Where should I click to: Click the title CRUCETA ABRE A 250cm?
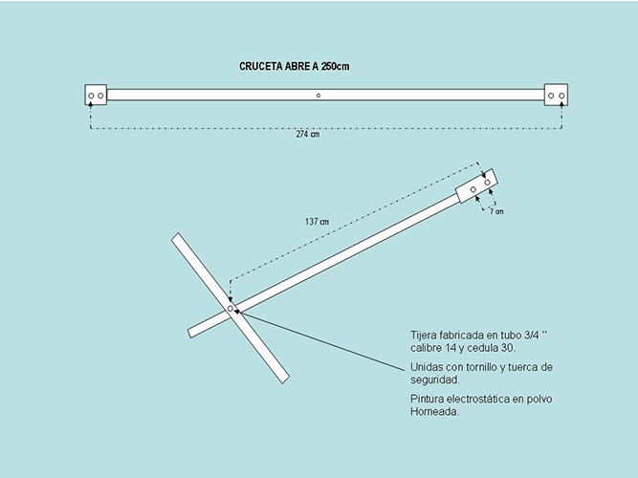point(295,66)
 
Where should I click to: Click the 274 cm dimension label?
point(308,134)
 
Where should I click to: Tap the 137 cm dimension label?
point(317,222)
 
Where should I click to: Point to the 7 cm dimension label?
point(496,211)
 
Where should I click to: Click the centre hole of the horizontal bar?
point(319,96)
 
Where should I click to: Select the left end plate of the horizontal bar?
point(96,95)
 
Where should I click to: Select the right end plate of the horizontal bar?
point(556,95)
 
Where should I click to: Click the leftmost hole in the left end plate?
point(91,96)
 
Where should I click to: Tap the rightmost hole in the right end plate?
point(561,96)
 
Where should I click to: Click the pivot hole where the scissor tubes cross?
point(231,309)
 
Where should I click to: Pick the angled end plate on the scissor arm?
point(476,185)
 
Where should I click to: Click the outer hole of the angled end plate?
point(488,183)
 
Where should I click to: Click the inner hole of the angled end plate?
point(473,189)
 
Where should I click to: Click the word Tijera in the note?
point(423,336)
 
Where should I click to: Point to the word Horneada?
point(434,411)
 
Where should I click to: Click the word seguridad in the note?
point(435,380)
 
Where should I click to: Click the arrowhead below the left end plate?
point(91,104)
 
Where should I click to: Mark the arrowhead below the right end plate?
point(561,104)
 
